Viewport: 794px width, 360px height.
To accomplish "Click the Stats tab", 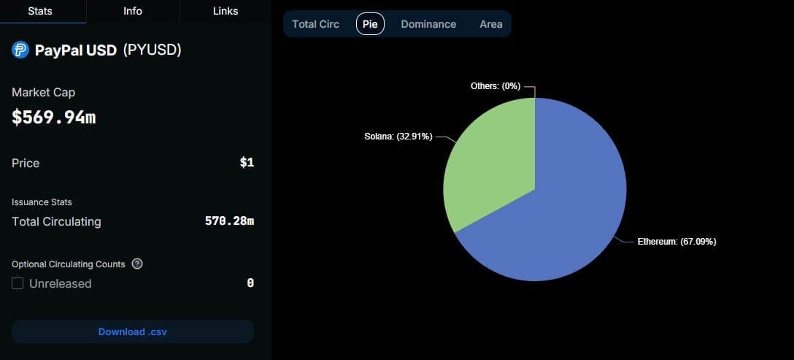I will (x=42, y=11).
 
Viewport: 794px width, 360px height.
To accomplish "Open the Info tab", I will (x=133, y=11).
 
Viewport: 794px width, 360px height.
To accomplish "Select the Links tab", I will (x=225, y=11).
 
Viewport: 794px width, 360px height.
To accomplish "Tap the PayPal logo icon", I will (x=20, y=50).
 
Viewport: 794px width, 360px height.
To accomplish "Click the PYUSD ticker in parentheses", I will (x=152, y=50).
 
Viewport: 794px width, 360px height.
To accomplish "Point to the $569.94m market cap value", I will (x=54, y=117).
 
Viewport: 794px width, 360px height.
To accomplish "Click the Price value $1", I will (x=247, y=163).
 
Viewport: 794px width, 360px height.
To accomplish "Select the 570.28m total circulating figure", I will (x=229, y=221).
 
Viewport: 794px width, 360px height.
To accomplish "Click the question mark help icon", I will (x=137, y=264).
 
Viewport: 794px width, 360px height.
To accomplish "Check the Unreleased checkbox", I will (x=18, y=283).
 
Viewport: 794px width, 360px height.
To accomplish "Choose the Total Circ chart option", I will (x=315, y=24).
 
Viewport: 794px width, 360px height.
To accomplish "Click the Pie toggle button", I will (x=370, y=24).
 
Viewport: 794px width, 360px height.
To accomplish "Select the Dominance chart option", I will (x=428, y=24).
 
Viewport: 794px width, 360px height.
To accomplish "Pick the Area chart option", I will (x=491, y=24).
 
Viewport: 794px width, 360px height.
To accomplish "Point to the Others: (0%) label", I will (x=496, y=86).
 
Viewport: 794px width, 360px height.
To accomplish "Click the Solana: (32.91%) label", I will (x=398, y=136).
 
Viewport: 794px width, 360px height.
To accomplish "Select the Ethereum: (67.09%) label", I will (x=677, y=242).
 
